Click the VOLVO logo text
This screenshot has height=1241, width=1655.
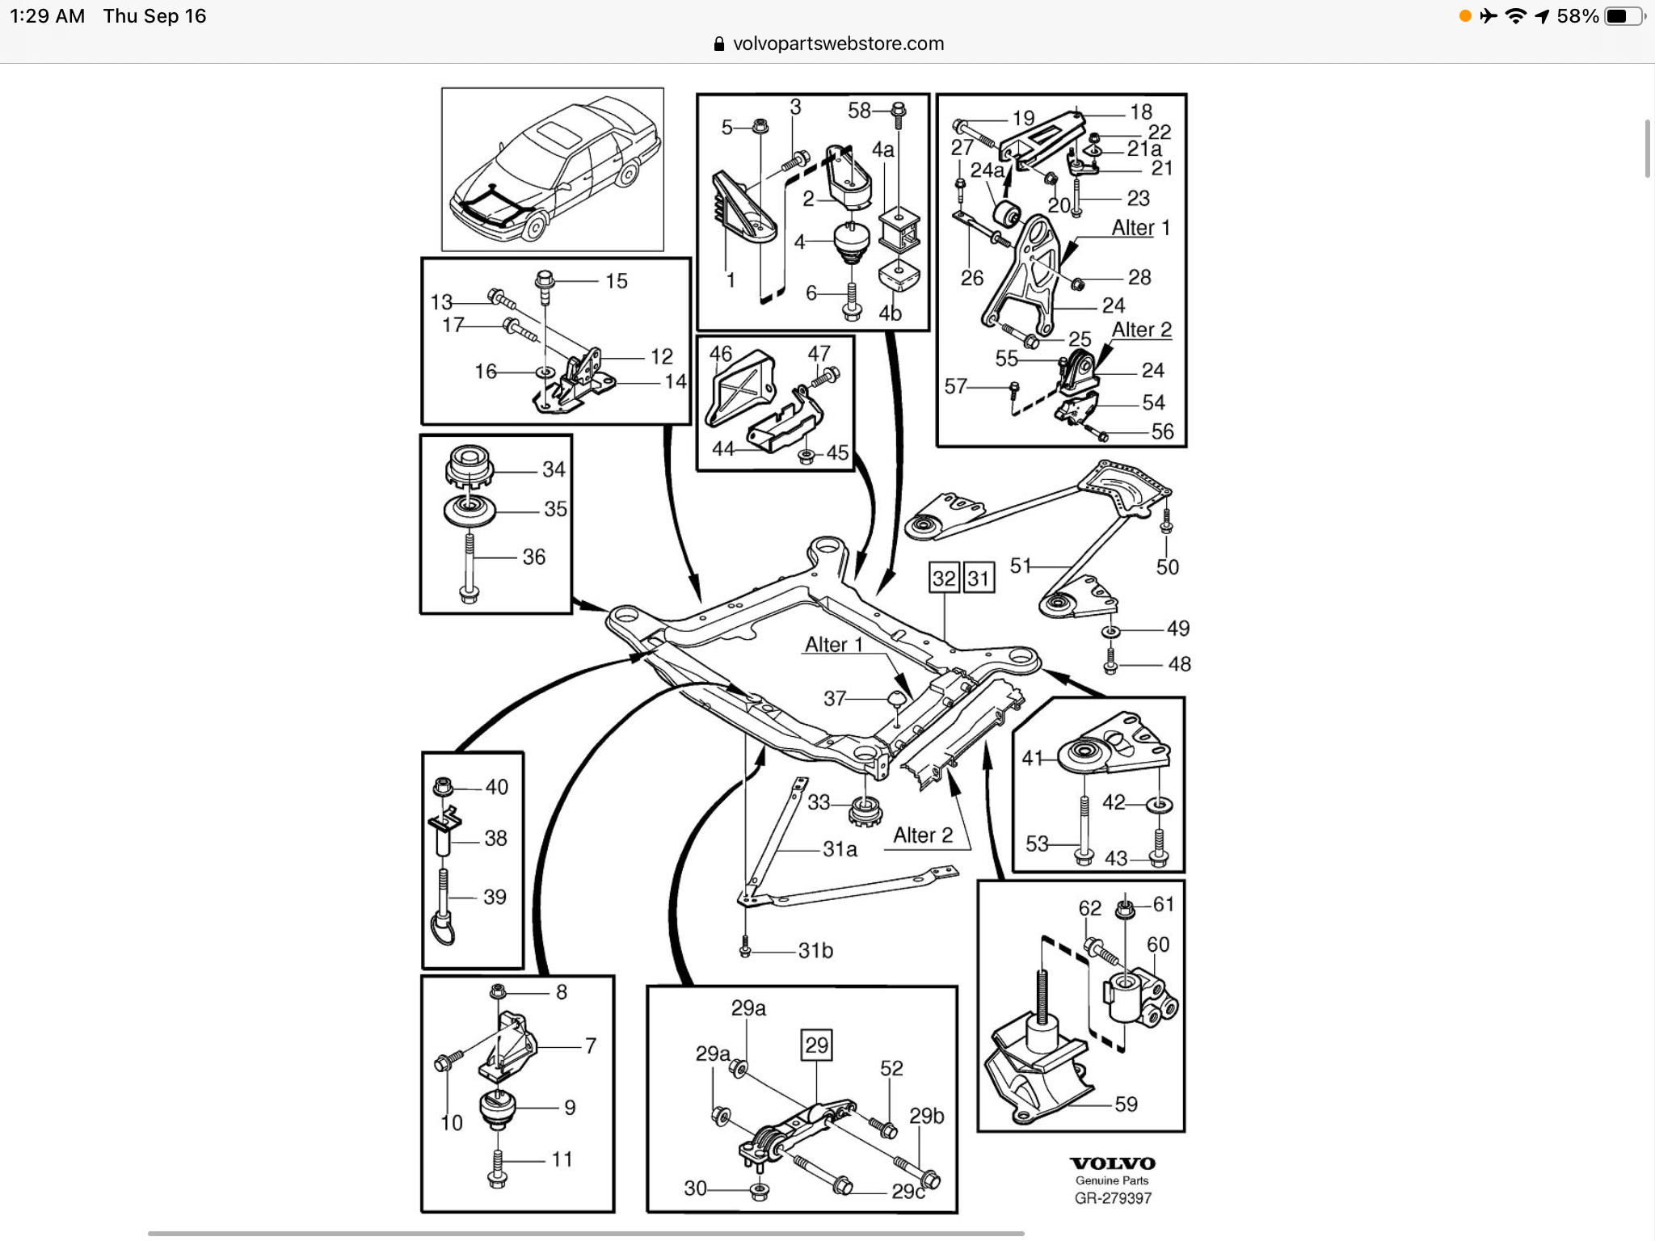(x=1112, y=1163)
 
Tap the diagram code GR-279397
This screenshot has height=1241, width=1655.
(x=1112, y=1198)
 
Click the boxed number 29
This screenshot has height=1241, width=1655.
(x=816, y=1045)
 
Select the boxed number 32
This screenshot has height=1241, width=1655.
(x=944, y=578)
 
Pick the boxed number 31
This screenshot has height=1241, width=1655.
(x=978, y=578)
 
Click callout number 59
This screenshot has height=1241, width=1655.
(x=1126, y=1104)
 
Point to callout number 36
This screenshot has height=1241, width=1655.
(x=533, y=557)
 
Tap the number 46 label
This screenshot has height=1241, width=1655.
(x=720, y=354)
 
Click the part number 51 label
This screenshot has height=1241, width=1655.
(x=1021, y=566)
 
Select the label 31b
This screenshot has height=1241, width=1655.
(x=815, y=951)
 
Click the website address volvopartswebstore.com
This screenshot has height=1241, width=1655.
(x=838, y=44)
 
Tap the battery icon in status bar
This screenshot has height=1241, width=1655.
(x=1621, y=16)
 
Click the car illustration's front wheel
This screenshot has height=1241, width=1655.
(x=533, y=228)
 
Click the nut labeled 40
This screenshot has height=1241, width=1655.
(x=442, y=785)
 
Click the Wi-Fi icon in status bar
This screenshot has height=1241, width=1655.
(x=1516, y=16)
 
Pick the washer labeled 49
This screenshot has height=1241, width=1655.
(x=1110, y=629)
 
